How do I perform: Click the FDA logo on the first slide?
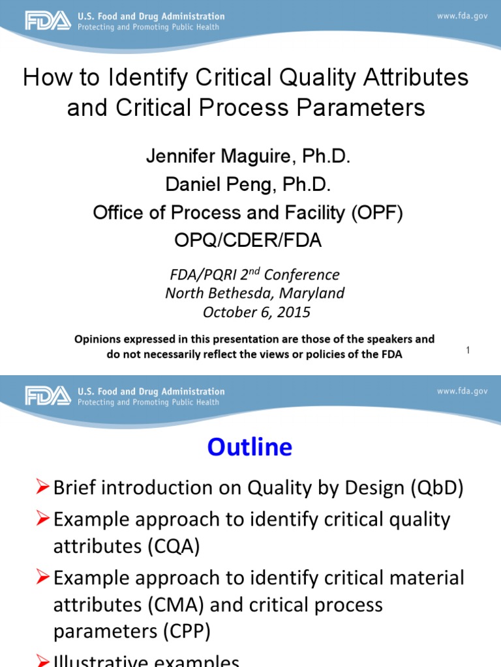click(48, 21)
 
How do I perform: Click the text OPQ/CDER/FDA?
click(248, 240)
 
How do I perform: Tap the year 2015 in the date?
click(293, 312)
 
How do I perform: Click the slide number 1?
click(468, 351)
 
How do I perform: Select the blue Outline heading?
click(250, 447)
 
